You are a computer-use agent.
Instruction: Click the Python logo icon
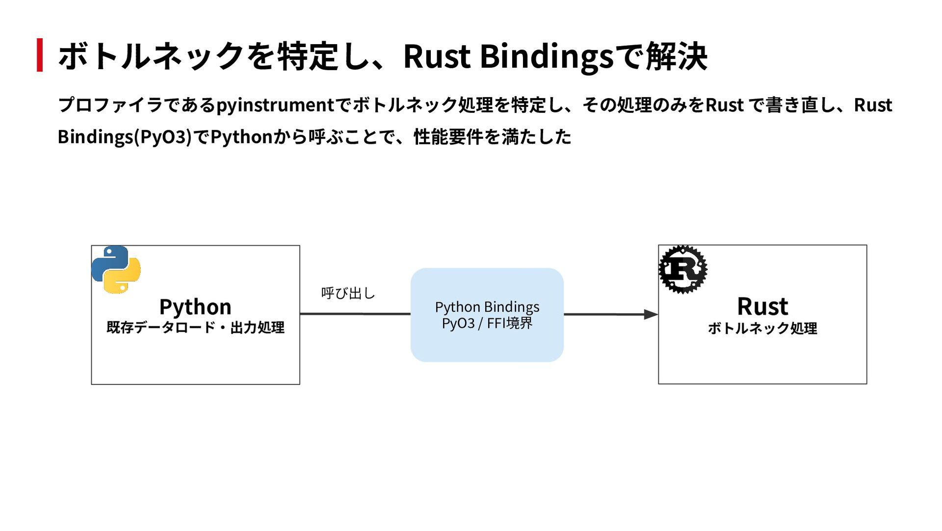pyautogui.click(x=116, y=269)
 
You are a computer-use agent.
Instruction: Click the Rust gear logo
pyautogui.click(x=683, y=269)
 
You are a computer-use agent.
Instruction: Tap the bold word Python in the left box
pyautogui.click(x=195, y=307)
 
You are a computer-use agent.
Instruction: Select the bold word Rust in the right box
pyautogui.click(x=762, y=307)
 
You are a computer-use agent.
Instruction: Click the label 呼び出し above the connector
pyautogui.click(x=348, y=293)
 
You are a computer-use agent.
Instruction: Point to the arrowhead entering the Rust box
pyautogui.click(x=651, y=314)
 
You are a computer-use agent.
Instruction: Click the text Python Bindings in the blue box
pyautogui.click(x=487, y=307)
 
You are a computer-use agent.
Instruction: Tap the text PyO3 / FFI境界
pyautogui.click(x=487, y=323)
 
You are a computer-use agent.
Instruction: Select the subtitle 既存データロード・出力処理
pyautogui.click(x=195, y=327)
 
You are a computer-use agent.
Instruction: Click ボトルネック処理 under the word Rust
pyautogui.click(x=762, y=328)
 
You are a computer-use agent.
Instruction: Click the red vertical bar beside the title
pyautogui.click(x=40, y=55)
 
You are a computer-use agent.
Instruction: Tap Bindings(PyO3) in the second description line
pyautogui.click(x=125, y=137)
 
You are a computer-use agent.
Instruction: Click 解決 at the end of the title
pyautogui.click(x=677, y=56)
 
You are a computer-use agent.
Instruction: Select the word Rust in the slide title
pyautogui.click(x=437, y=56)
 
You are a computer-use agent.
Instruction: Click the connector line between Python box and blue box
pyautogui.click(x=355, y=314)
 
